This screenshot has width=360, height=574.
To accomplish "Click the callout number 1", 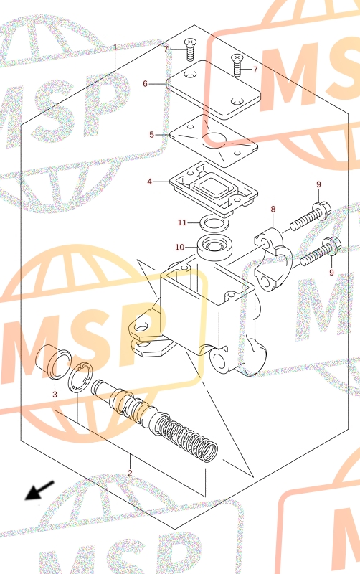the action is click(115, 47).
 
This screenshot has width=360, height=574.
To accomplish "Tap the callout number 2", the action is click(130, 473).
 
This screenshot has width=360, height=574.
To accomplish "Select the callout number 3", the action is click(55, 394).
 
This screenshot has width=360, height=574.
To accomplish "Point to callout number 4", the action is click(150, 182).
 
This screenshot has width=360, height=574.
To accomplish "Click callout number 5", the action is click(151, 135).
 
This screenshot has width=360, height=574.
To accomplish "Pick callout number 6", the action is click(146, 84).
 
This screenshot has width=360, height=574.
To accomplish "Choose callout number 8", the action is click(273, 209).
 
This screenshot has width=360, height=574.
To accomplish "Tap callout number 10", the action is click(179, 248).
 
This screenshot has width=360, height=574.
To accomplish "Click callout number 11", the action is click(182, 222).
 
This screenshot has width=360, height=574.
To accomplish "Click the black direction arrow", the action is click(39, 491).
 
